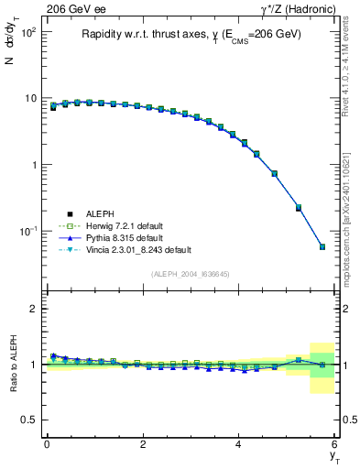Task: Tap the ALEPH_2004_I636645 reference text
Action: click(191, 274)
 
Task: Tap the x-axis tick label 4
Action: click(239, 444)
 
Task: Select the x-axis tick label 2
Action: click(143, 444)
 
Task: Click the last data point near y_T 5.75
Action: click(322, 246)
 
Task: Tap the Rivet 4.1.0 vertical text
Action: click(350, 82)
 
